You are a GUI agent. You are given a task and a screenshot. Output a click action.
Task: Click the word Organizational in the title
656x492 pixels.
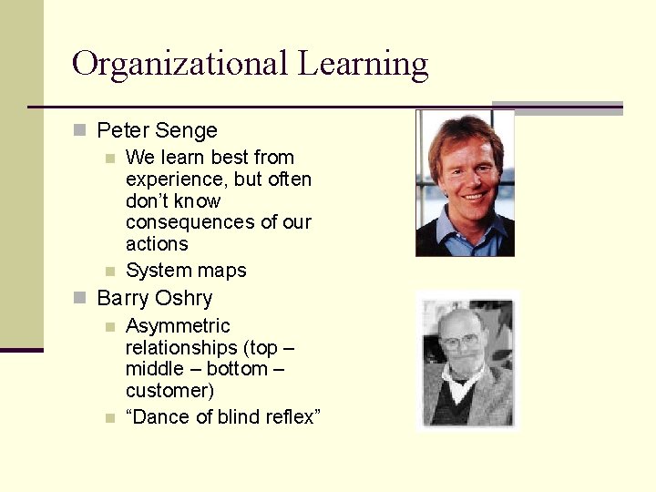[179, 64]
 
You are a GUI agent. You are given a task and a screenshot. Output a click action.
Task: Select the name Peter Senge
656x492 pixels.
[157, 130]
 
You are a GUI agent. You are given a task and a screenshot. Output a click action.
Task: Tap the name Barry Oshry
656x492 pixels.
[154, 298]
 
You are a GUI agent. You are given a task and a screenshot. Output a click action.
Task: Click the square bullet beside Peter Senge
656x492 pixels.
[79, 130]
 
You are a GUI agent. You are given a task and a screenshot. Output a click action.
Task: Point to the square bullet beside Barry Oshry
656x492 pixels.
[79, 298]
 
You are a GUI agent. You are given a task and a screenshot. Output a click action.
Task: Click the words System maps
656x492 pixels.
[186, 271]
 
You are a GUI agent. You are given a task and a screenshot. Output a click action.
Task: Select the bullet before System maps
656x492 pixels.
[109, 271]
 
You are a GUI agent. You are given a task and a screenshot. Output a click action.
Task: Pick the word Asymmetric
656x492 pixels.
[178, 326]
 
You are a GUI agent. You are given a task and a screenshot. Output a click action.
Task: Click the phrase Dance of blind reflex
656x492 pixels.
[223, 417]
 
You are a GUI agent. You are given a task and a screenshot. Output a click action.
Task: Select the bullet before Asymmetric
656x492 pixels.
[109, 326]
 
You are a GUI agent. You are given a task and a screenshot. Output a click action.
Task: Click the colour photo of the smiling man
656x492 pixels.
[465, 182]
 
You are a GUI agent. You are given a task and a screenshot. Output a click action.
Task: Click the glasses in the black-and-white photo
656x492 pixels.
[460, 343]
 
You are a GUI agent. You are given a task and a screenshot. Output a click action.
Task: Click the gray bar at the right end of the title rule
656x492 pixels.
[557, 108]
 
